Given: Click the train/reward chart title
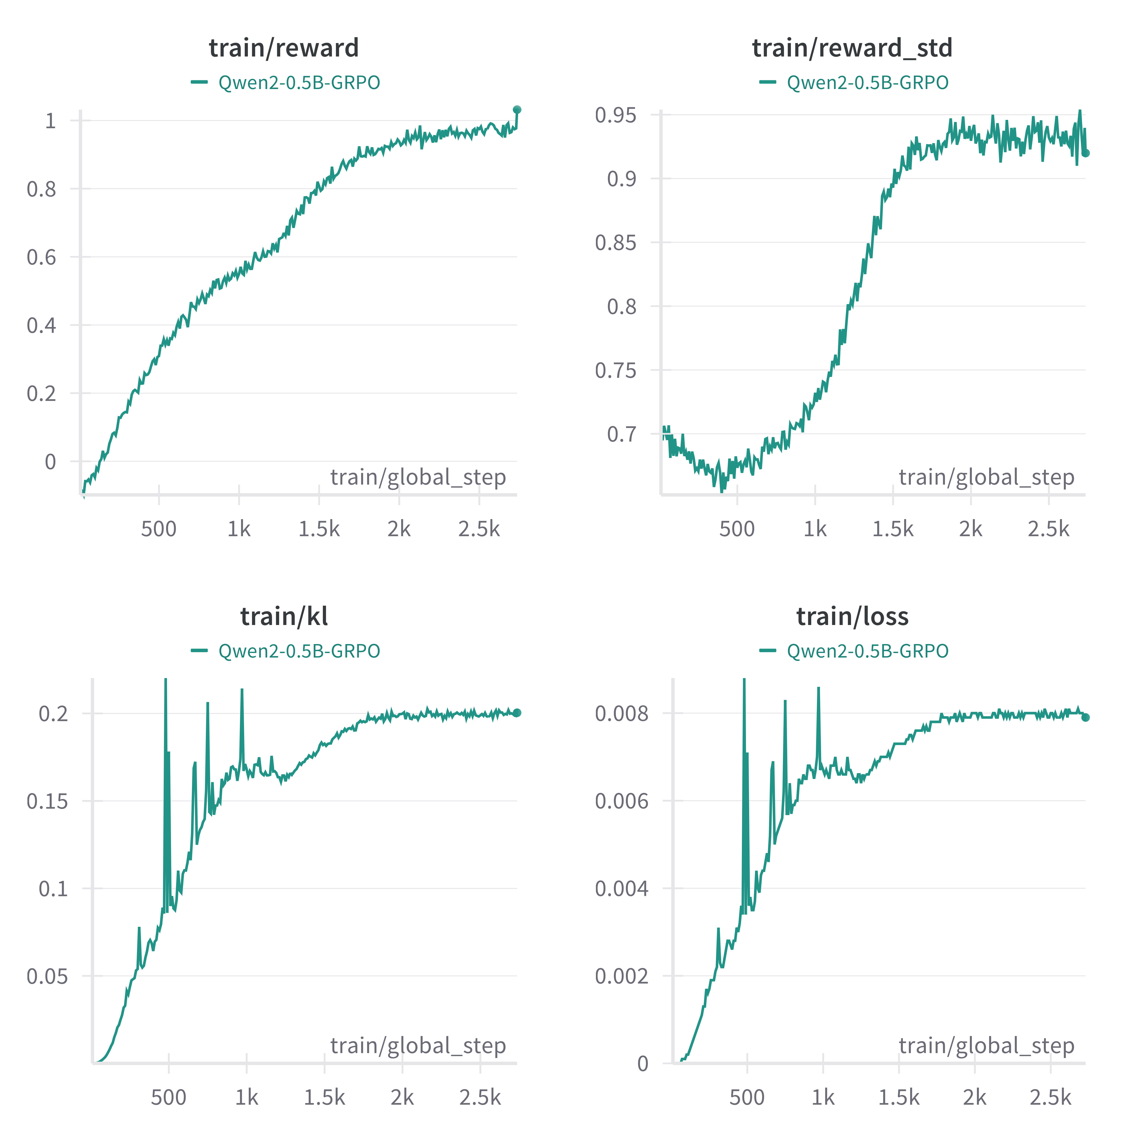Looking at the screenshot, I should (284, 48).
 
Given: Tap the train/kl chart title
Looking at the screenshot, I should (284, 616).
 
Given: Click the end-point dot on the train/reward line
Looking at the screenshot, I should (517, 109).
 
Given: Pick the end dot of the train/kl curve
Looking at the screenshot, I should (517, 713).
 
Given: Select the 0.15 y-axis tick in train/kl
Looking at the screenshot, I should (47, 801).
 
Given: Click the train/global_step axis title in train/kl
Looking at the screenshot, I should (418, 1045).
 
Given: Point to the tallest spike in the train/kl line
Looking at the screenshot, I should (165, 680).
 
